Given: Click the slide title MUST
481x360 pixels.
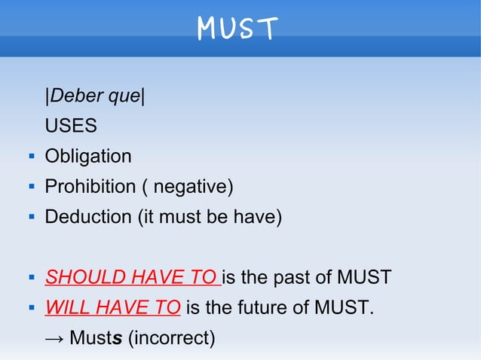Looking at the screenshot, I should [x=237, y=29].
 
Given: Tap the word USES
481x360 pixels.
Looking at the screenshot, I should [x=71, y=127].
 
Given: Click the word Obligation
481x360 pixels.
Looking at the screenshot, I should [x=87, y=157].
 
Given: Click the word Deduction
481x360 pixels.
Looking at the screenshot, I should [x=87, y=217].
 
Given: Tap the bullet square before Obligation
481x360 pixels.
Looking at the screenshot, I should [x=29, y=157].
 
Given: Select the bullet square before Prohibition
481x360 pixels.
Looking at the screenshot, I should [x=29, y=188].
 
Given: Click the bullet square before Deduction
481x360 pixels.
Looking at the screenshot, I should [x=29, y=218].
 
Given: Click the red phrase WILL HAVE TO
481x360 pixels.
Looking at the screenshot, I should [x=112, y=307].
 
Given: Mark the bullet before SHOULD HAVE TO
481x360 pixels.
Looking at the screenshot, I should [x=29, y=278].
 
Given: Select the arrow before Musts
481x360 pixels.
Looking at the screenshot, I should [x=54, y=338].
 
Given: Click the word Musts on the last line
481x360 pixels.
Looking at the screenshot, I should [x=96, y=338].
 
